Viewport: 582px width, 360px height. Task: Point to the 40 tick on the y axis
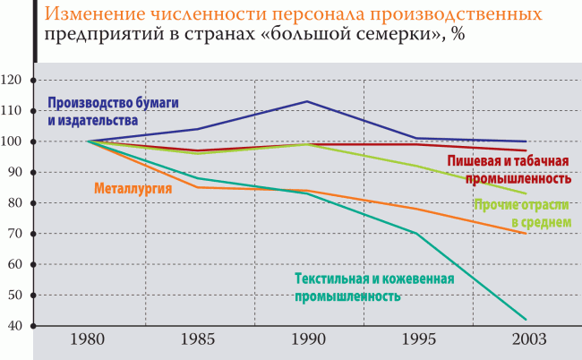tap(15, 325)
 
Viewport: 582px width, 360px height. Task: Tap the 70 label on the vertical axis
tap(15, 234)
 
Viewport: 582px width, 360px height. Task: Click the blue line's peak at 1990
tap(307, 101)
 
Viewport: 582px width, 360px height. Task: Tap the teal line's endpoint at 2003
tap(526, 319)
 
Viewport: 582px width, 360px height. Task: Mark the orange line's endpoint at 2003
tap(526, 233)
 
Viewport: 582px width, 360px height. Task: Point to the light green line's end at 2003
tap(526, 193)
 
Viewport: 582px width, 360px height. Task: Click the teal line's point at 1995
tap(416, 234)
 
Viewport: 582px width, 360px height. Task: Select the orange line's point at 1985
tap(198, 187)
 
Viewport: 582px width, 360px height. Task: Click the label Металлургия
tap(132, 188)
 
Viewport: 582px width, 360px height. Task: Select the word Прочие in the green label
tap(494, 205)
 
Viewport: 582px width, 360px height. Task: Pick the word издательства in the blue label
tap(98, 119)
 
